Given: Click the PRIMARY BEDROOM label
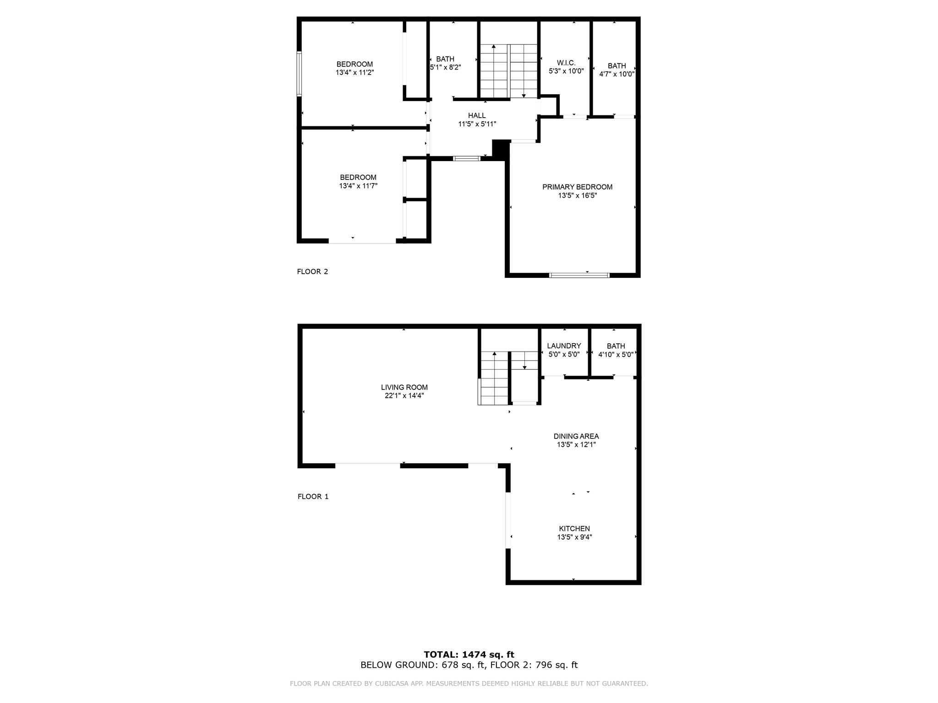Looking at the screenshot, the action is coord(577,187).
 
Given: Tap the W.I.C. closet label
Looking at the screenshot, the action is coord(566,63).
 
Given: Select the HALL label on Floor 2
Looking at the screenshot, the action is coord(477,115).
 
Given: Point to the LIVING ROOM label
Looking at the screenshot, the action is coord(404,387).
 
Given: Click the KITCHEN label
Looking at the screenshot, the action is coord(574,529).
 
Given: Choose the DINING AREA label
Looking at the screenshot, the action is coord(576,436).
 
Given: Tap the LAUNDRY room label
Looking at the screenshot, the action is coord(564,346).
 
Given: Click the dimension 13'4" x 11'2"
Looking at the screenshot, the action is coord(355,72).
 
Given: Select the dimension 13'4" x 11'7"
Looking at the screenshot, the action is coord(358,186).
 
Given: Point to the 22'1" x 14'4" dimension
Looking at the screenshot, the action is coord(404,396).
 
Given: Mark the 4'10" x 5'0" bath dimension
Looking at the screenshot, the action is coord(616,354).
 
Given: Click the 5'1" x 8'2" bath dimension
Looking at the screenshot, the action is coord(445,67).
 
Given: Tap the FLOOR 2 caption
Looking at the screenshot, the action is coord(312,271).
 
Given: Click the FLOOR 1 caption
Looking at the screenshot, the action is coord(313,497).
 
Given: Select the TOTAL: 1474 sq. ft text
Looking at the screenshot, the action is coord(469,655).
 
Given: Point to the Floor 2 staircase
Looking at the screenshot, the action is coord(508,71).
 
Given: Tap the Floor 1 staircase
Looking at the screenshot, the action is coord(508,378).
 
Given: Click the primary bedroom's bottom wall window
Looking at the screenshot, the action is coord(579,275).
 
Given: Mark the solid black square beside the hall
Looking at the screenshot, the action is coord(500,149).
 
